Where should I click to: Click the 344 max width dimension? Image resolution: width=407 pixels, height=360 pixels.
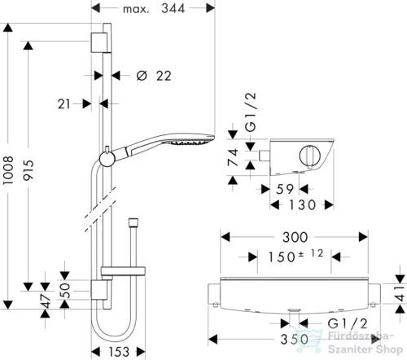pyautogui.click(x=173, y=8)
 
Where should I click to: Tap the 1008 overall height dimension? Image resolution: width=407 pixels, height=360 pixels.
pyautogui.click(x=8, y=170)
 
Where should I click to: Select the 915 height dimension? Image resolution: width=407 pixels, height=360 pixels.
pyautogui.click(x=28, y=170)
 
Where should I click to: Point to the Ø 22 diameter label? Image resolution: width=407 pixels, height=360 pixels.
pyautogui.click(x=154, y=76)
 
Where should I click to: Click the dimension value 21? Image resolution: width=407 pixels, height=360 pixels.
pyautogui.click(x=64, y=104)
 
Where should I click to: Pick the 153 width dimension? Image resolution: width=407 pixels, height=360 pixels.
pyautogui.click(x=119, y=352)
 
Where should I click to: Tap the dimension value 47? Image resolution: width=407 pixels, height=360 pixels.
pyautogui.click(x=46, y=301)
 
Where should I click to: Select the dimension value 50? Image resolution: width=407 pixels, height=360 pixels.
pyautogui.click(x=64, y=290)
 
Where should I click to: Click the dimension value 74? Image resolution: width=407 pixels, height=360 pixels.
pyautogui.click(x=233, y=157)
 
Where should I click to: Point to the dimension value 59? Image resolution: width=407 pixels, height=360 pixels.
pyautogui.click(x=285, y=189)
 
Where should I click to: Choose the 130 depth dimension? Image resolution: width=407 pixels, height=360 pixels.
pyautogui.click(x=302, y=205)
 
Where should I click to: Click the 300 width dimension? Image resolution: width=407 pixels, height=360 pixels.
pyautogui.click(x=295, y=237)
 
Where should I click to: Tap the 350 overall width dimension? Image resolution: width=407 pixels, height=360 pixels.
pyautogui.click(x=295, y=340)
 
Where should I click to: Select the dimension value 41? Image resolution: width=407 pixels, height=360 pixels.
pyautogui.click(x=400, y=294)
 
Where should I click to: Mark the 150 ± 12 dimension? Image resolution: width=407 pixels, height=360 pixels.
pyautogui.click(x=295, y=256)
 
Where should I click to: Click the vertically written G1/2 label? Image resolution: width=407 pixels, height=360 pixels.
pyautogui.click(x=250, y=112)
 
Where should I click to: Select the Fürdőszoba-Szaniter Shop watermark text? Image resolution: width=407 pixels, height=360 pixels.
pyautogui.click(x=365, y=343)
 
